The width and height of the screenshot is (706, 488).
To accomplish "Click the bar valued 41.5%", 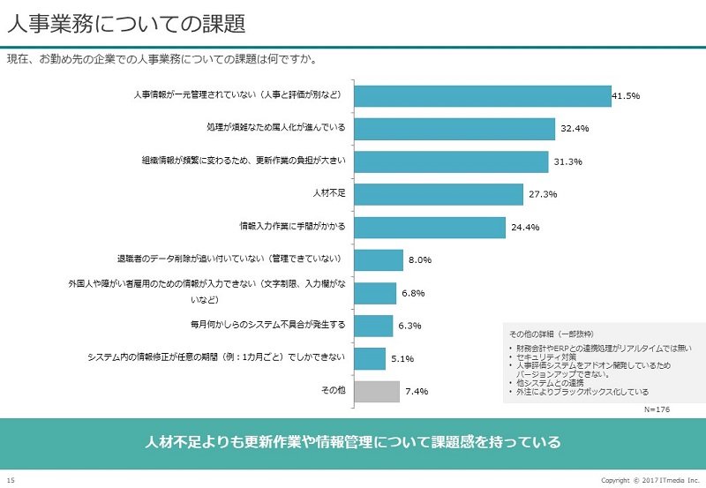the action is [483, 96].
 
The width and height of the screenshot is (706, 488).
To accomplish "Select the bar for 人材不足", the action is [439, 194].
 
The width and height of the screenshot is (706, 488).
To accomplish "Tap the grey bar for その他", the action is [377, 392].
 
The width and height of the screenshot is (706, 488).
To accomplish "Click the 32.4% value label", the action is [575, 128].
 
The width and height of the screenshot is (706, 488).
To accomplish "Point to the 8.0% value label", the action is [420, 260].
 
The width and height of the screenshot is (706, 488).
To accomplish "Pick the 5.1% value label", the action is [402, 359].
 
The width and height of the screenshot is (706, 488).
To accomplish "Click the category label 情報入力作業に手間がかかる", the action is [292, 226].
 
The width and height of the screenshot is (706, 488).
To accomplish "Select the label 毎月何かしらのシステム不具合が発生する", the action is [268, 325].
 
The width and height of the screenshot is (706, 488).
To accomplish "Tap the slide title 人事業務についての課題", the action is [126, 24].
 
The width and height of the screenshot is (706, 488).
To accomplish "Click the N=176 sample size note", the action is [657, 409].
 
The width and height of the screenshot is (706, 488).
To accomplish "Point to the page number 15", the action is [11, 480].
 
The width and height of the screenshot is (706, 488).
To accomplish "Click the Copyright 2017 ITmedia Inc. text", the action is [650, 480].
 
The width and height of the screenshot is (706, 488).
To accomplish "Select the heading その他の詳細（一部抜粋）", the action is [551, 334].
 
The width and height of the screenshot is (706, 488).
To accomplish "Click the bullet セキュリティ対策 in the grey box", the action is [546, 357].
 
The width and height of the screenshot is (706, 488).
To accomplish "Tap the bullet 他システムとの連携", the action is [550, 383].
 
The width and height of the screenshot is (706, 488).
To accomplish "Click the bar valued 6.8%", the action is [375, 294].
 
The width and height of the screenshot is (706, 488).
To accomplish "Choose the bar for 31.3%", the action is [451, 161].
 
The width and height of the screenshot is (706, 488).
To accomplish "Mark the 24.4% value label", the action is [525, 228].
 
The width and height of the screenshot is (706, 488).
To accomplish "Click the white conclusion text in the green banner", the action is [353, 441].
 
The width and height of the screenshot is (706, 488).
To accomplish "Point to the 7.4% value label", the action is [417, 392].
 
